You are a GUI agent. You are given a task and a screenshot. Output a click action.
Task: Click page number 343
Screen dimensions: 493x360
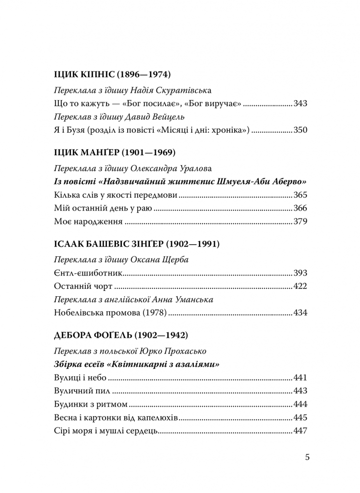point(300,105)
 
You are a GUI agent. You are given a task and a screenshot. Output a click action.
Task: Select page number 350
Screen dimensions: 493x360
point(300,131)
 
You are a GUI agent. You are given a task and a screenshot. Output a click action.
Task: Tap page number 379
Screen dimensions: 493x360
point(300,222)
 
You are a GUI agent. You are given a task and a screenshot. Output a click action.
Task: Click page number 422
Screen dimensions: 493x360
point(300,286)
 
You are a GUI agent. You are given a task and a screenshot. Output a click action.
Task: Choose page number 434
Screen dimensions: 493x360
point(300,313)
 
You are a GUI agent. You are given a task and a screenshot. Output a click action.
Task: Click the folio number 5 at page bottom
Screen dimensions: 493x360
point(307,457)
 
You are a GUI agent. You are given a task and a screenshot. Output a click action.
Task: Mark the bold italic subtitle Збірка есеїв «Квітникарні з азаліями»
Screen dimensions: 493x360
point(135,365)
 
